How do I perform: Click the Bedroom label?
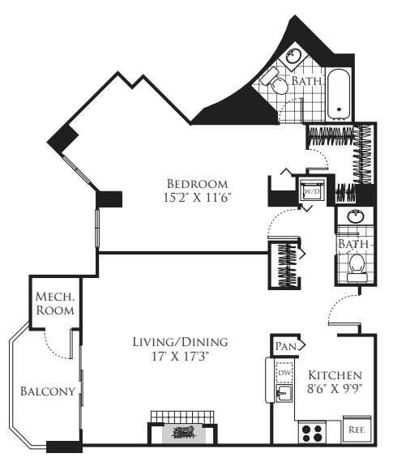(197, 184)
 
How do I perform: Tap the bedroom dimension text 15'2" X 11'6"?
(197, 198)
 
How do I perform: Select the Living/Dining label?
(181, 342)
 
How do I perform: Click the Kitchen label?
(335, 375)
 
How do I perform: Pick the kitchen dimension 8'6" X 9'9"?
(335, 389)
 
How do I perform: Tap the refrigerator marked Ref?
(357, 430)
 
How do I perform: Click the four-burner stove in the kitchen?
(312, 433)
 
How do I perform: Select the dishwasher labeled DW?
(284, 373)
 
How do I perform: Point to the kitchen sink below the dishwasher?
(284, 394)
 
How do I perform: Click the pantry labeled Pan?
(287, 346)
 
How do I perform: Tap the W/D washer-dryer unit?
(311, 191)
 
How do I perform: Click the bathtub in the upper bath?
(339, 94)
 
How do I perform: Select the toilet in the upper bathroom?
(274, 80)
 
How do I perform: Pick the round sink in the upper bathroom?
(293, 55)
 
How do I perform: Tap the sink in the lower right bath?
(355, 216)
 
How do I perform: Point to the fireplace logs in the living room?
(183, 433)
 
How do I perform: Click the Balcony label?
(48, 391)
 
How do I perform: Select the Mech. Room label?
(55, 303)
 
